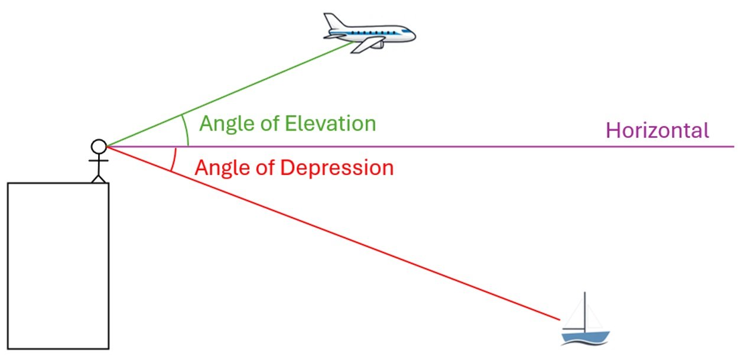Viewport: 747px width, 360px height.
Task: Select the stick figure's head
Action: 98,146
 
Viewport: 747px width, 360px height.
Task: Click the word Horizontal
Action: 657,131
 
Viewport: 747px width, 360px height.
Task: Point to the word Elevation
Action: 330,124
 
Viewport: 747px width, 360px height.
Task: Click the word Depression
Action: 336,168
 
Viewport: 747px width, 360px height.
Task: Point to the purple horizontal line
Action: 473,147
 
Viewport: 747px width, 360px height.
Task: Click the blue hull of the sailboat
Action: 584,337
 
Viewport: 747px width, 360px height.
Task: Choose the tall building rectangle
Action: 58,265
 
